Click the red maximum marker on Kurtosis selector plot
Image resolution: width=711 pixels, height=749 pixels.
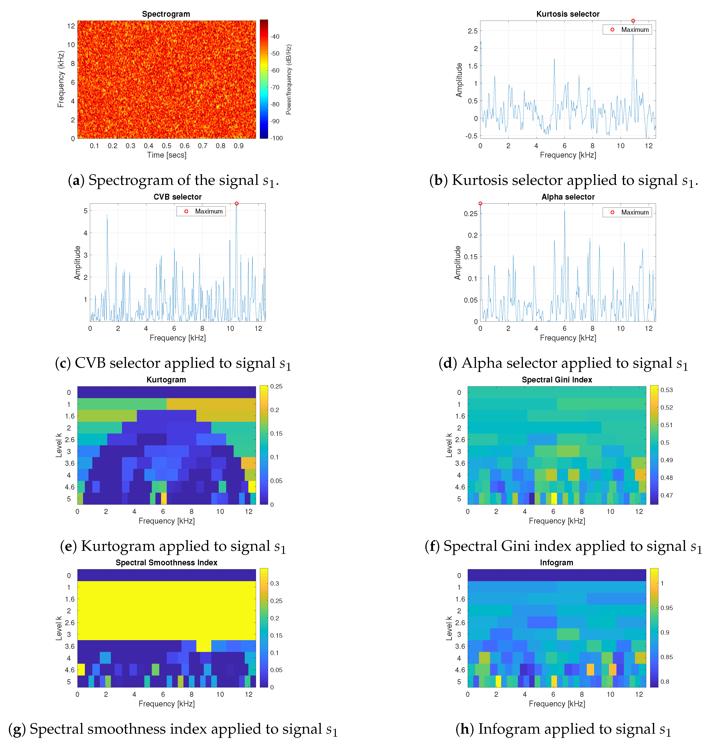[x=633, y=21]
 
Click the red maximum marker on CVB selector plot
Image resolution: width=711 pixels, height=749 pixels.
[x=236, y=204]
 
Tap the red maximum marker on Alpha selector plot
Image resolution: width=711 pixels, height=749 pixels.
[x=480, y=204]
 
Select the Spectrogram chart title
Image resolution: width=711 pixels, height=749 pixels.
[x=166, y=14]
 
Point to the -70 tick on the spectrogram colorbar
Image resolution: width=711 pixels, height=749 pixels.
[x=275, y=87]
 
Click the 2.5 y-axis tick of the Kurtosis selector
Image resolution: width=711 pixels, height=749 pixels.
[x=473, y=31]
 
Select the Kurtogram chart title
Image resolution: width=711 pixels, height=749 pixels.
[x=166, y=380]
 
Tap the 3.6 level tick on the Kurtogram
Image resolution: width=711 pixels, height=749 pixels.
[x=70, y=463]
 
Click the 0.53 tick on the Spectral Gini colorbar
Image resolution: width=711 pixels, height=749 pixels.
[x=667, y=390]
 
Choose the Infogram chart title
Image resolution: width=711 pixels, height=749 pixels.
[x=556, y=563]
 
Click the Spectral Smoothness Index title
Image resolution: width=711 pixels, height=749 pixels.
[x=166, y=563]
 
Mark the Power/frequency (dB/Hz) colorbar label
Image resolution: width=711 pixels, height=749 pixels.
[x=289, y=80]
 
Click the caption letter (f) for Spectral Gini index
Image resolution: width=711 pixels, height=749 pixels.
[x=432, y=546]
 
